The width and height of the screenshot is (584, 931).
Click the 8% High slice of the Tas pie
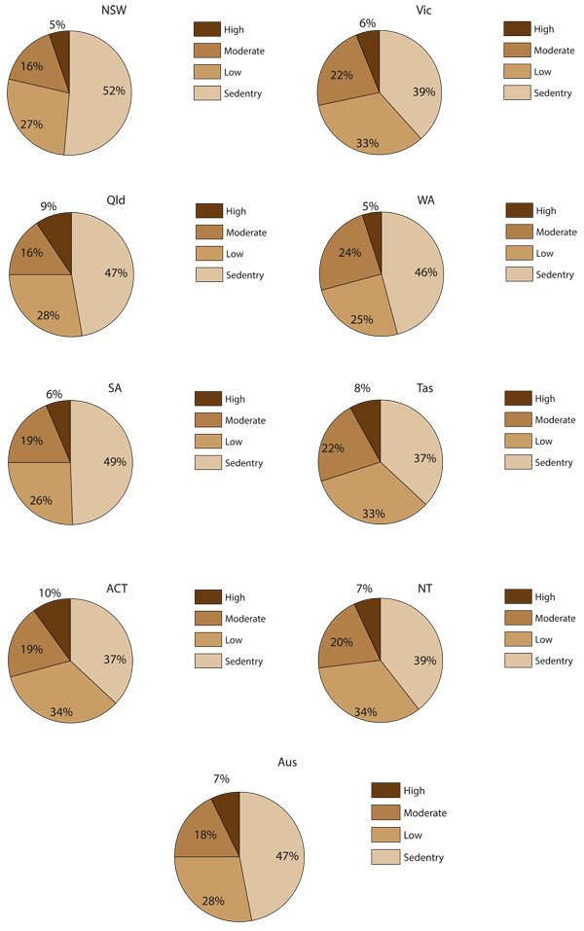click(369, 415)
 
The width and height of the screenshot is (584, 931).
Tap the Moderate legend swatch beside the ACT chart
click(207, 618)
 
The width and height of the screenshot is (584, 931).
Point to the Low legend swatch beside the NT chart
click(519, 639)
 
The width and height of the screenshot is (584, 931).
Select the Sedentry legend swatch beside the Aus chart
click(384, 856)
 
